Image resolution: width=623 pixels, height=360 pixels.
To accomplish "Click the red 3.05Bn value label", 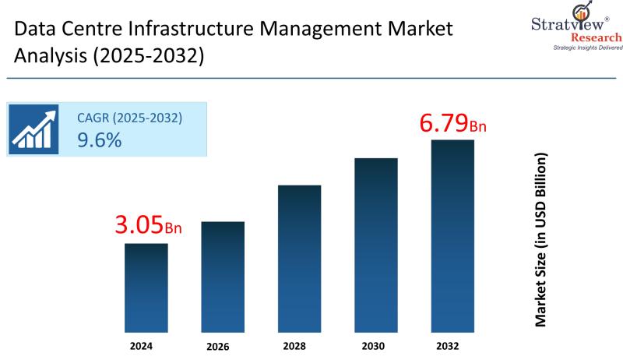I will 148,226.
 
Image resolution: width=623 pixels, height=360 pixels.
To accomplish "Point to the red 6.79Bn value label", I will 453,123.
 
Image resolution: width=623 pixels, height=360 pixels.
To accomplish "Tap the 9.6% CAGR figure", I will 99,140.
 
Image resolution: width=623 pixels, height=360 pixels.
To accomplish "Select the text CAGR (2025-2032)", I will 129,118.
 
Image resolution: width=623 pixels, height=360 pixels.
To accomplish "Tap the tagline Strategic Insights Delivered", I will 588,48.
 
